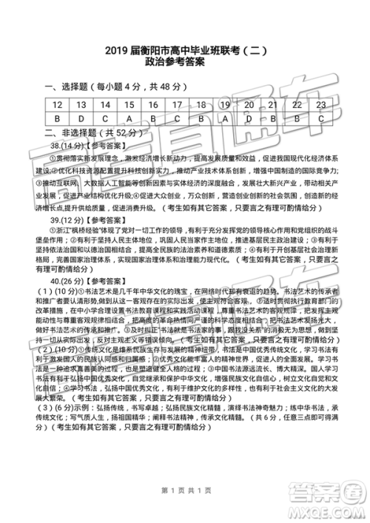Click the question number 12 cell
coord(57,106)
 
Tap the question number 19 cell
coord(225,106)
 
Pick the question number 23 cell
coord(320,106)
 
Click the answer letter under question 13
coord(81,118)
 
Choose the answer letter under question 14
coord(105,118)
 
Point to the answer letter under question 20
coord(249,118)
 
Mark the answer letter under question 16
coord(153,118)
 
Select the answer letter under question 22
coord(297,118)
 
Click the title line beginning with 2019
coord(185,52)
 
